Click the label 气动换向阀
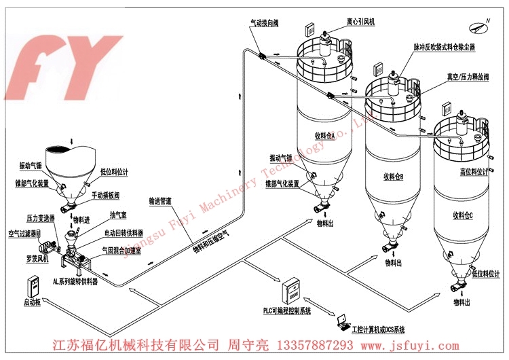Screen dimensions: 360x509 (x=263, y=22)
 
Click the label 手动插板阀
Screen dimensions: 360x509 (x=106, y=195)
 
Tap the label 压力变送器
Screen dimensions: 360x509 (x=41, y=219)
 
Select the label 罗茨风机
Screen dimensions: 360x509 (x=31, y=259)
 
